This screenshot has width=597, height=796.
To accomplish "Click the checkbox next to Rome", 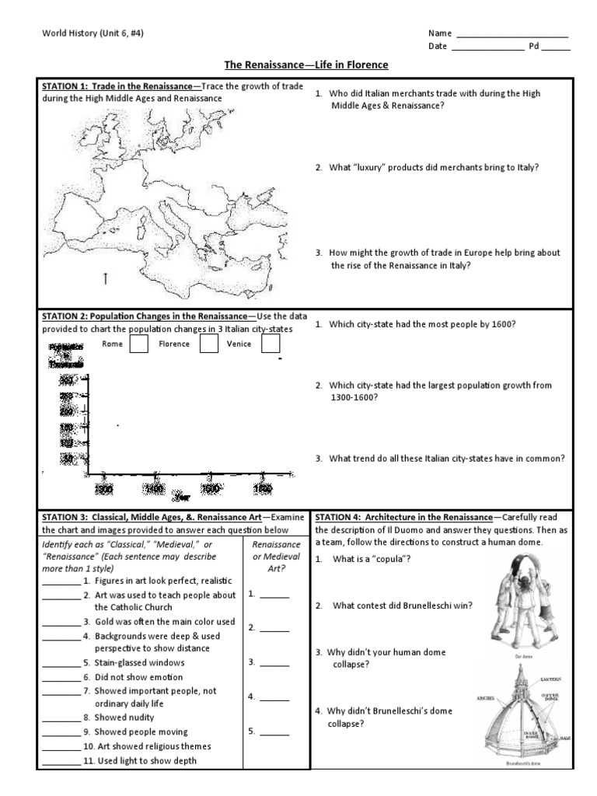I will pos(139,344).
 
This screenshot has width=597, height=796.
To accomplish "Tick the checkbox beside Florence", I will pos(208,344).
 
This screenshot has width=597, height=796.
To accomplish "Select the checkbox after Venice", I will pos(270,344).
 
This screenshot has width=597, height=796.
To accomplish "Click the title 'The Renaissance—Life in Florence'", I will pos(295,65).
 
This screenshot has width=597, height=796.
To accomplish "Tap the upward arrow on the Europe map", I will pos(105,278).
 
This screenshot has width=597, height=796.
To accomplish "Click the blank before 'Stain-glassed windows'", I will pos(61,664).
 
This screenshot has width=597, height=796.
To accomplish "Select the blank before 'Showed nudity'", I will pos(61,718).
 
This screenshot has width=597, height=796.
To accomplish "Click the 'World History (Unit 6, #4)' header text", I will pos(92,33).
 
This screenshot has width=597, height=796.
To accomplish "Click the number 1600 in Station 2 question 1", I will pos(502,324).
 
